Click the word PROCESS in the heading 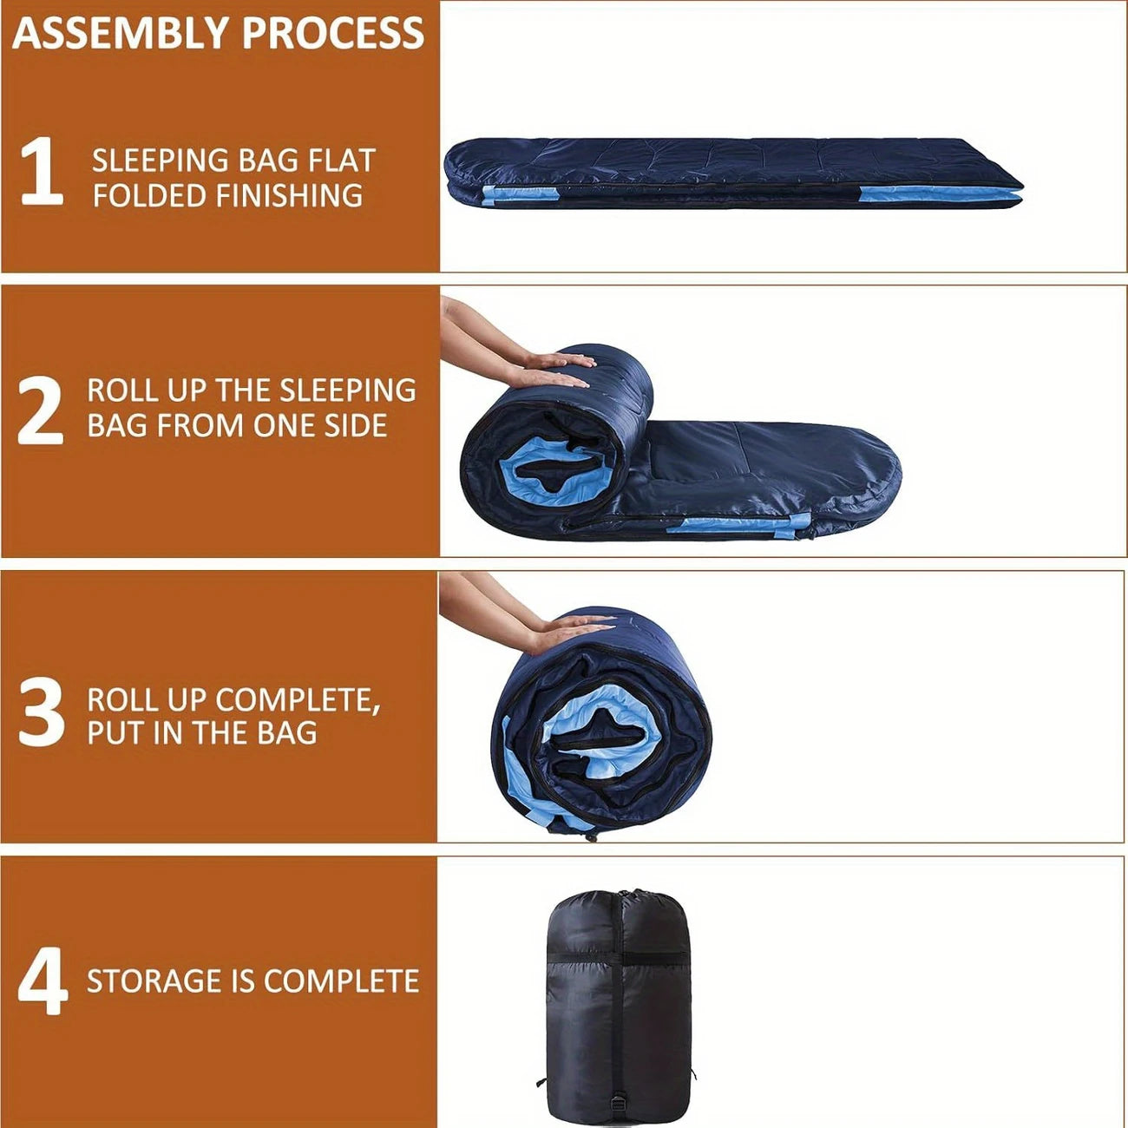pyautogui.click(x=333, y=33)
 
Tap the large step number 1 pyautogui.click(x=41, y=171)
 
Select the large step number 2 pyautogui.click(x=40, y=410)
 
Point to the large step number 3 pyautogui.click(x=41, y=712)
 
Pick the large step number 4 pyautogui.click(x=42, y=980)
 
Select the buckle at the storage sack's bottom pyautogui.click(x=620, y=1105)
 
